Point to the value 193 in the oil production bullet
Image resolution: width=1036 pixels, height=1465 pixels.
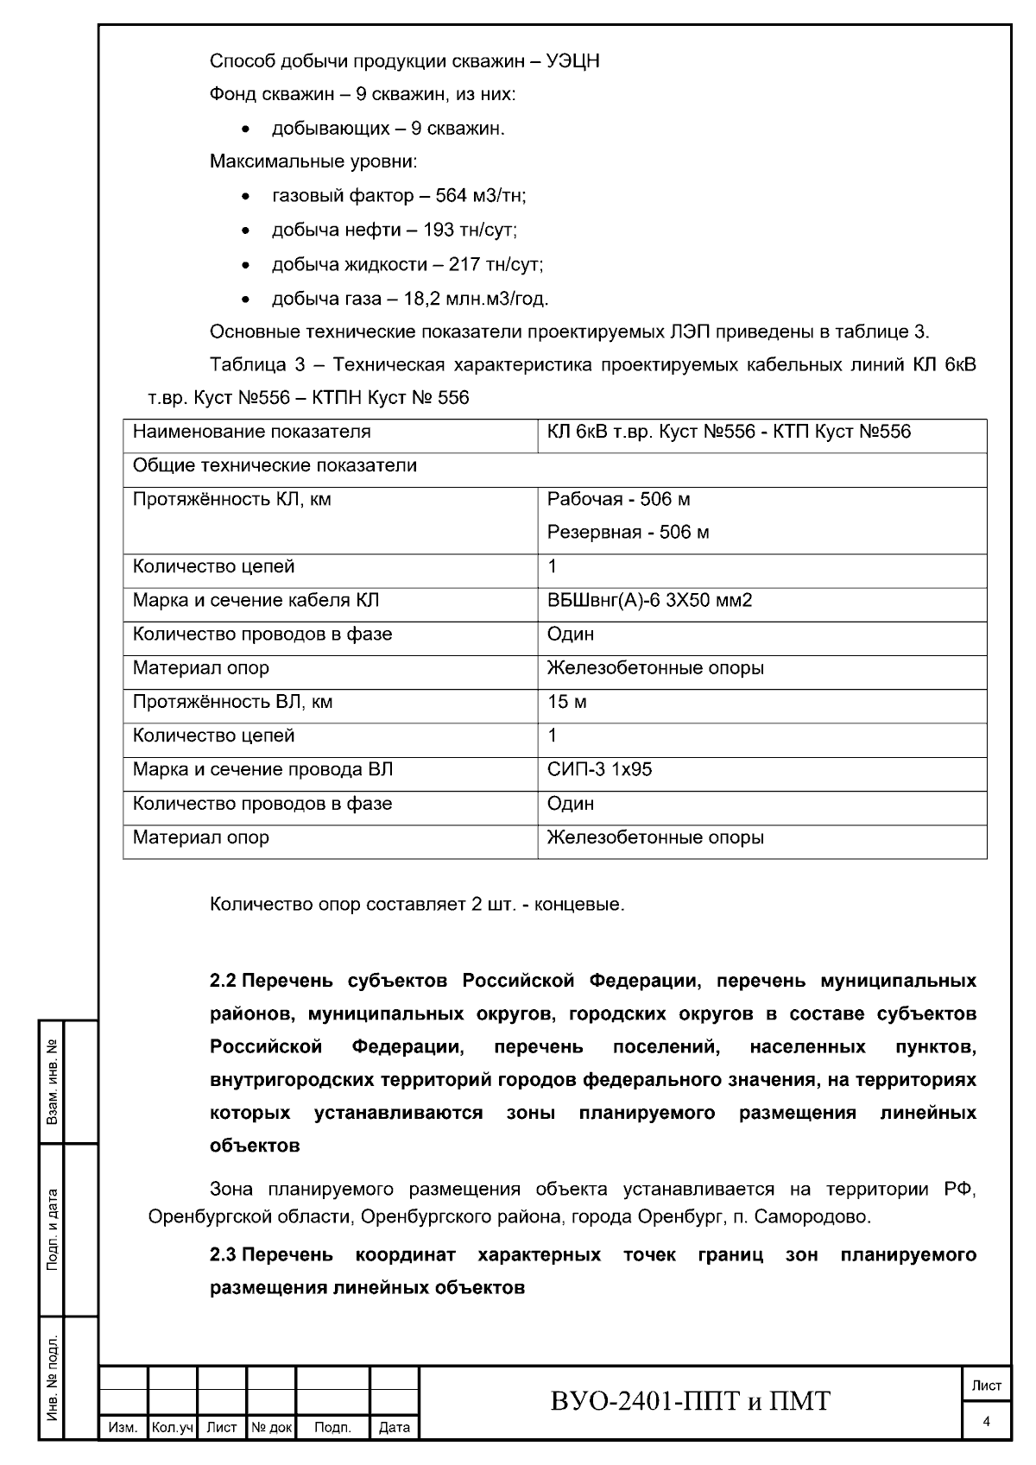click(x=439, y=230)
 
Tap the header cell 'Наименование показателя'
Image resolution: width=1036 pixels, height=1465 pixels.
click(x=251, y=432)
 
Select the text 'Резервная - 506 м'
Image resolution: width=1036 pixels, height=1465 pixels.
click(x=628, y=533)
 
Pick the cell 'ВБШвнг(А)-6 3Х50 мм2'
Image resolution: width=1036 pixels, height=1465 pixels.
click(x=649, y=601)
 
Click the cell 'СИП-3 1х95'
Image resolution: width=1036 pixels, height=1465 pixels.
click(x=599, y=770)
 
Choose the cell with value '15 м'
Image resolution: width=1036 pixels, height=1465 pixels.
click(x=566, y=702)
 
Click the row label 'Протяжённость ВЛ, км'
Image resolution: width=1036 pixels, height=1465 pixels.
click(x=232, y=702)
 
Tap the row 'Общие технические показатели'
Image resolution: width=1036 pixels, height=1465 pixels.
click(x=275, y=466)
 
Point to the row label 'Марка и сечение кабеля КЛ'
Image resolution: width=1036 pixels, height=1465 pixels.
click(x=256, y=601)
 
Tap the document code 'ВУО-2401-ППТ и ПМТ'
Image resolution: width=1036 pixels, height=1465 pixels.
click(x=690, y=1401)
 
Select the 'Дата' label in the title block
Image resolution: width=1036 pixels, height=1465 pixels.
click(x=395, y=1429)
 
